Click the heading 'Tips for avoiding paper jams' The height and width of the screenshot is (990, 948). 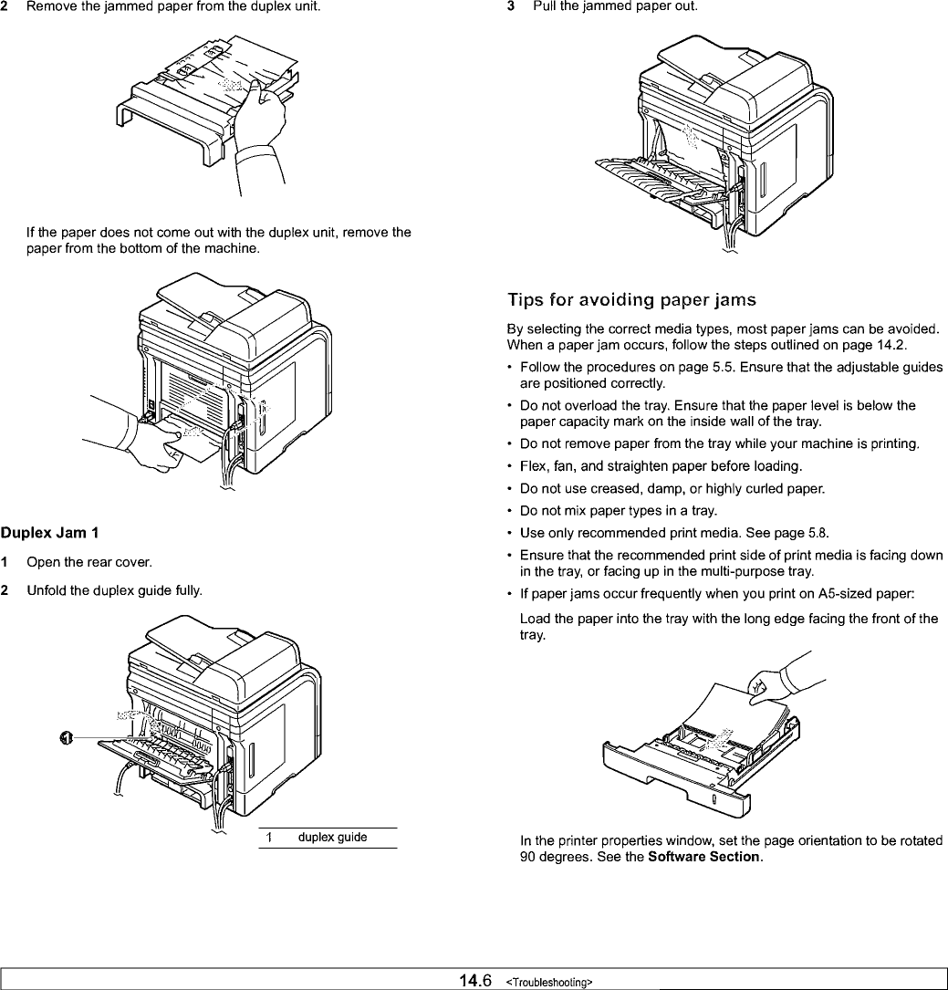pyautogui.click(x=631, y=300)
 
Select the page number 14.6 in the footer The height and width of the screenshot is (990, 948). pyautogui.click(x=476, y=981)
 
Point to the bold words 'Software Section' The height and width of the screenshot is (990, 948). pyautogui.click(x=703, y=858)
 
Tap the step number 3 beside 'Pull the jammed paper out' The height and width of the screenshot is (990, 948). pyautogui.click(x=512, y=7)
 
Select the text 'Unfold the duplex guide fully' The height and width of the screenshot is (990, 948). pyautogui.click(x=114, y=590)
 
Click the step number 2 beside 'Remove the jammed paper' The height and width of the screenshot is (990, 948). pyautogui.click(x=5, y=7)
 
